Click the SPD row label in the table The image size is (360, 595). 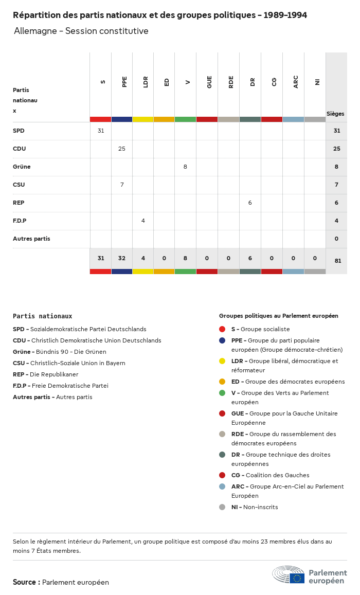[x=19, y=131]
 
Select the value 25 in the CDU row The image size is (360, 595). [x=122, y=149]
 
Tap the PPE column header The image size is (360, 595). [x=124, y=81]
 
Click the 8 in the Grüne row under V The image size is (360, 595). [x=185, y=167]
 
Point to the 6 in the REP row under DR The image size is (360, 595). [x=250, y=203]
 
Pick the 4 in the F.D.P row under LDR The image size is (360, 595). [x=143, y=221]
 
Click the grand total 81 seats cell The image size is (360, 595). [x=337, y=261]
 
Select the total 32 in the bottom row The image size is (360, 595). [x=122, y=259]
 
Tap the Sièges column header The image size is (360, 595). [x=335, y=114]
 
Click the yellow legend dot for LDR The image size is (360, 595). [x=222, y=361]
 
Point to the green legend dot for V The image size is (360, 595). [x=222, y=393]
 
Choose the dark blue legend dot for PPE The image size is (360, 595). [x=222, y=340]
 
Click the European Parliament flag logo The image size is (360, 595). [x=297, y=578]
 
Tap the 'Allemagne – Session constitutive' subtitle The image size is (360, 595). [x=81, y=31]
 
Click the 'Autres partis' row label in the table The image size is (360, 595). [x=31, y=239]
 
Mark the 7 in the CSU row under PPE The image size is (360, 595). [x=122, y=185]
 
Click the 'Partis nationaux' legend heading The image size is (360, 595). [x=42, y=316]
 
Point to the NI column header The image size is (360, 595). [x=317, y=81]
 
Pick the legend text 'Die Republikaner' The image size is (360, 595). [x=54, y=374]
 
